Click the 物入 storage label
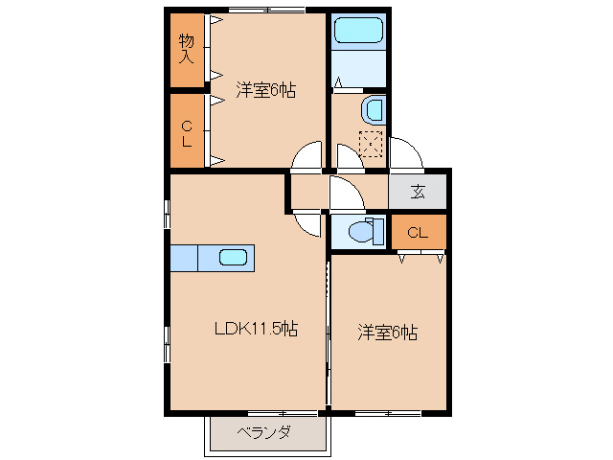click(x=186, y=47)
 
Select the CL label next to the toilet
click(x=417, y=233)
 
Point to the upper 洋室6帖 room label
click(x=265, y=90)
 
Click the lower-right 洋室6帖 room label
click(x=388, y=333)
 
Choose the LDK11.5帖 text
click(x=255, y=329)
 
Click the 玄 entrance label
click(x=418, y=191)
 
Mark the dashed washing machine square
click(x=371, y=143)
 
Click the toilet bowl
click(x=362, y=231)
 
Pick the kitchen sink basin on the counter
click(x=234, y=257)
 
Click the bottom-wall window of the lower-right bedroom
click(x=387, y=413)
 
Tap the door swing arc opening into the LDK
click(x=306, y=222)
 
